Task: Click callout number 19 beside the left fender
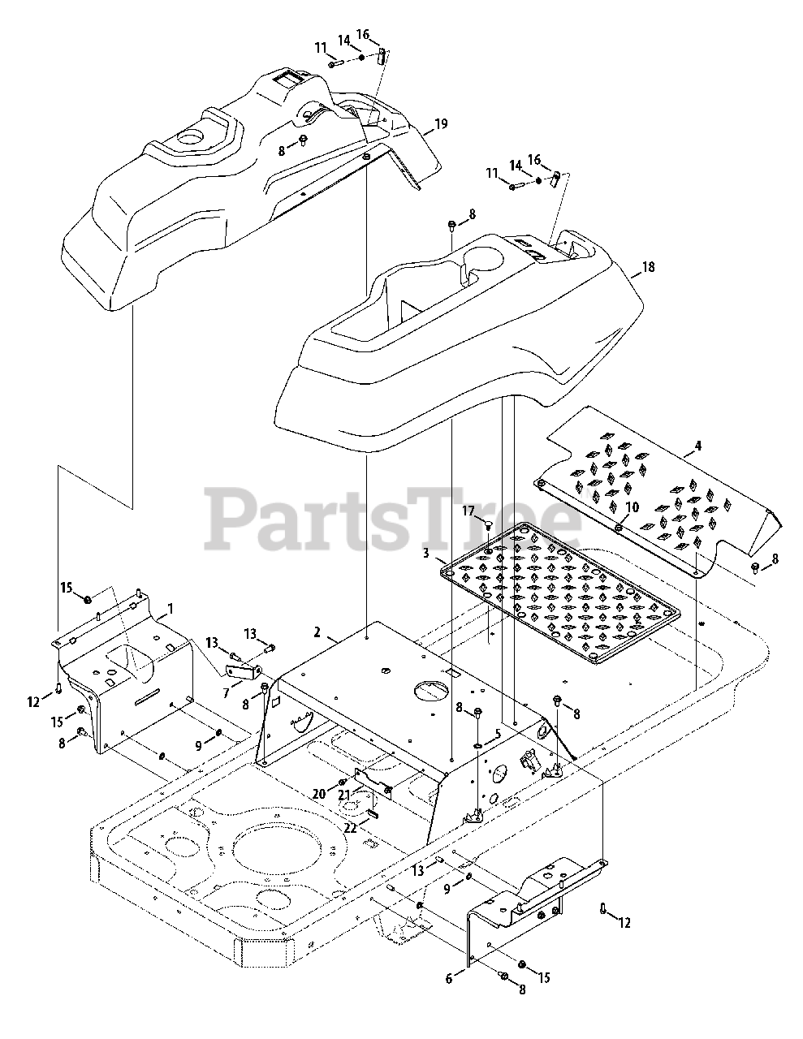coord(440,123)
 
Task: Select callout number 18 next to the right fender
coord(647,266)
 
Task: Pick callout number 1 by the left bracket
coord(170,607)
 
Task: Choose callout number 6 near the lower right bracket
coord(449,979)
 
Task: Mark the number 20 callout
coord(319,793)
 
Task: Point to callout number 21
coord(344,794)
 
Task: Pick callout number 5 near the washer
coord(499,733)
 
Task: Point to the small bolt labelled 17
coord(489,526)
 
